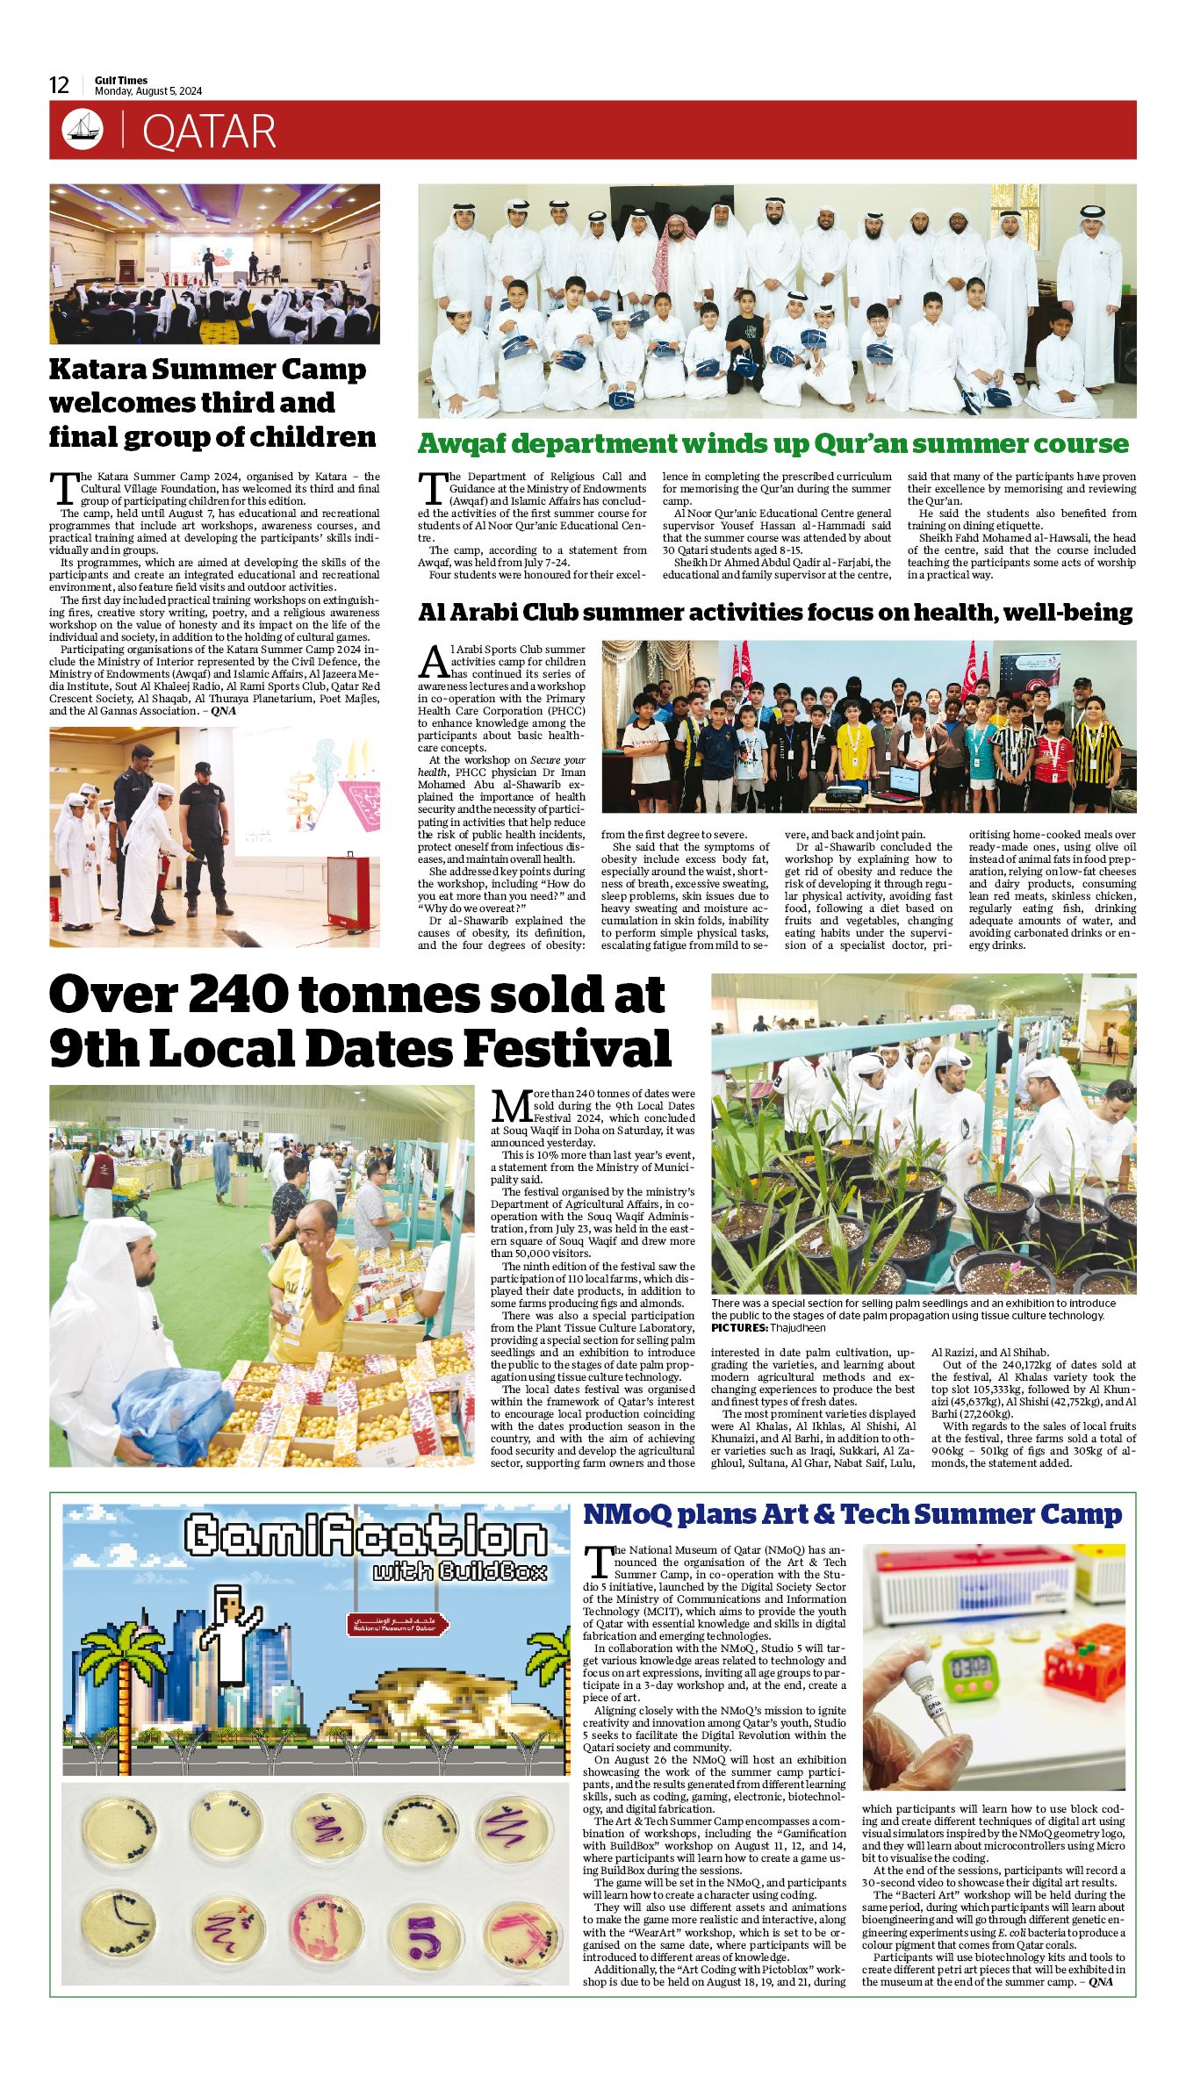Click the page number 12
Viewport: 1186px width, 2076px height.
(59, 85)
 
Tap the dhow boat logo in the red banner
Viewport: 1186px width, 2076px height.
(83, 130)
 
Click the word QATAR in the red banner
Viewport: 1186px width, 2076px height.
(209, 132)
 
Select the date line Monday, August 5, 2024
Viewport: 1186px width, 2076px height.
(148, 91)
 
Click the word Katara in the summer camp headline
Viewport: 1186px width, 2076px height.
(97, 370)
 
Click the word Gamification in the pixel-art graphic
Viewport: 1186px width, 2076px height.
(366, 1535)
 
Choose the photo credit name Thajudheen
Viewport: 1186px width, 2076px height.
(797, 1328)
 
